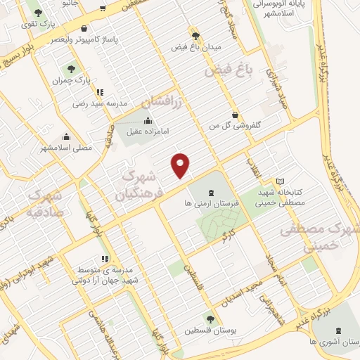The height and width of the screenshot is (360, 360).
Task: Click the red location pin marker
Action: click(x=181, y=165)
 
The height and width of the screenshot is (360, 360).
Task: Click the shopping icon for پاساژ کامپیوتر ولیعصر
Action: click(x=85, y=30)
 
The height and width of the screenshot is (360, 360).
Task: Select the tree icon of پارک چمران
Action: click(x=70, y=69)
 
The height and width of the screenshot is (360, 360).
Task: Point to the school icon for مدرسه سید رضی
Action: click(x=100, y=91)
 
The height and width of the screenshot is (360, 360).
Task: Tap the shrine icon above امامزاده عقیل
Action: click(x=147, y=120)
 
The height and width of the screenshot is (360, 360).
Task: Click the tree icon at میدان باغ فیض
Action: click(x=195, y=35)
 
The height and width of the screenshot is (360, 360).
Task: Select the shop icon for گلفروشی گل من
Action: click(x=235, y=115)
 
